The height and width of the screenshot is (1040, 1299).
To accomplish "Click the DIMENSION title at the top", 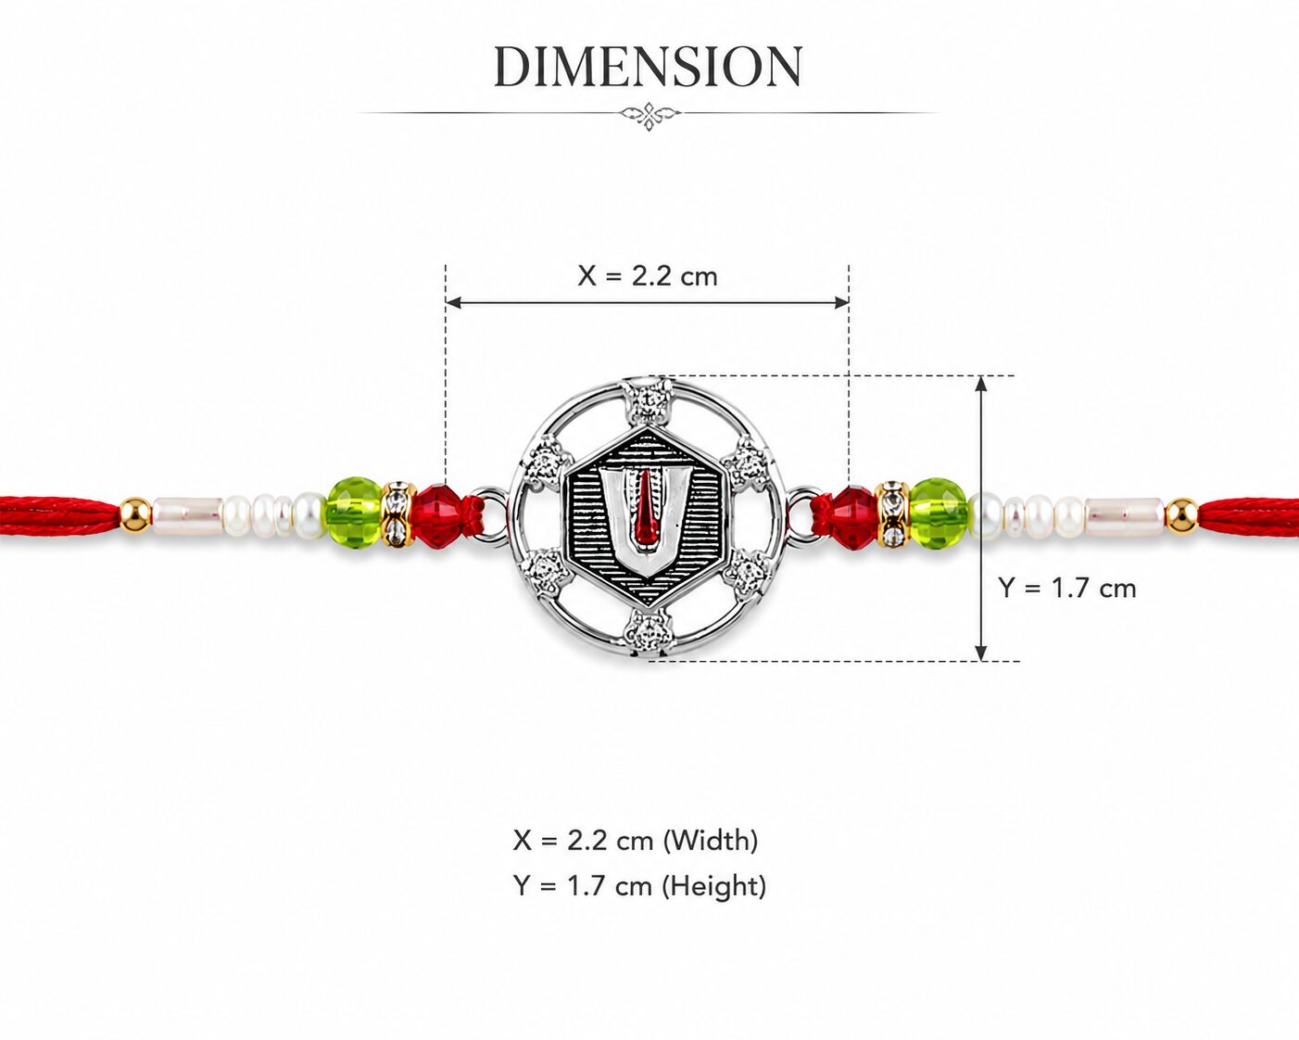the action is [649, 67].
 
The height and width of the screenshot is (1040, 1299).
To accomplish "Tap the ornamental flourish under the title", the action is [649, 113].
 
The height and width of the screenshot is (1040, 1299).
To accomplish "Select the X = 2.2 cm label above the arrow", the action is [648, 276].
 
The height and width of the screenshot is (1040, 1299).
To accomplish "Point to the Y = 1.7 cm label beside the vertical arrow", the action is [1067, 588].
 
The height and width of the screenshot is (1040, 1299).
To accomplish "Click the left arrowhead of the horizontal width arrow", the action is [453, 302].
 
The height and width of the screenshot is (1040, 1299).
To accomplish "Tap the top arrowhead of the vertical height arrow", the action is [981, 384].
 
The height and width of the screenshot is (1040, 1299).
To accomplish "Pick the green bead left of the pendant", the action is [355, 513].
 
